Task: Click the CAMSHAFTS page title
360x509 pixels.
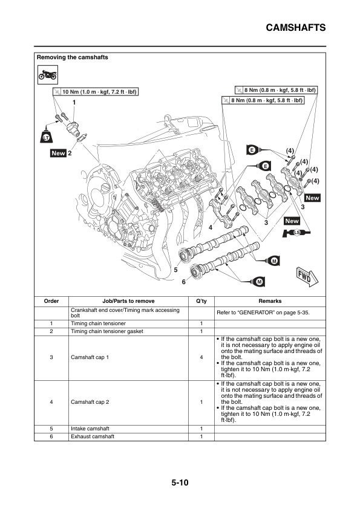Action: [296, 28]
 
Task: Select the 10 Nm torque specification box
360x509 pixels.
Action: [96, 92]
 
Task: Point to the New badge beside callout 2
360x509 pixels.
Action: [58, 154]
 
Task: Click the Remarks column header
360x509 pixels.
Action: [270, 301]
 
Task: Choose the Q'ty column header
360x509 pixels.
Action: [201, 301]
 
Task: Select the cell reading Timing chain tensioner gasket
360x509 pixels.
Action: [107, 332]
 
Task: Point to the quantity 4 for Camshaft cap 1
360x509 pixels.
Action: [201, 358]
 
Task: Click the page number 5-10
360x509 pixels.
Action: [180, 483]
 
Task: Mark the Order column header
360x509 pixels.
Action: [52, 301]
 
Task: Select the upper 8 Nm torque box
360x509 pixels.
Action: [276, 89]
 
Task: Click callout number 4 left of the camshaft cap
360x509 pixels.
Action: [210, 227]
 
